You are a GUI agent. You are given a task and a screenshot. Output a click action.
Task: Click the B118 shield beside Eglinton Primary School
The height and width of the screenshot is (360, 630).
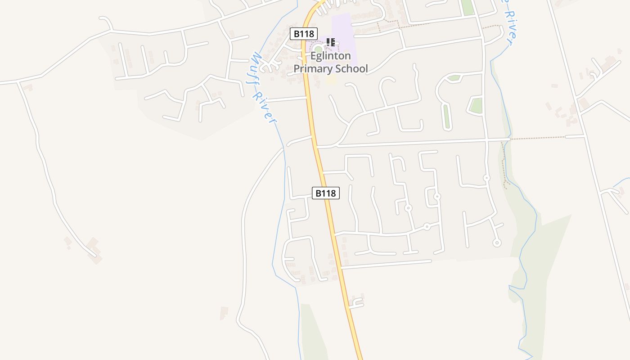click(x=304, y=33)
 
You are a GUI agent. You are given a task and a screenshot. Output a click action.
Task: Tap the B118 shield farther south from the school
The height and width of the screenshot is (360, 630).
click(x=325, y=193)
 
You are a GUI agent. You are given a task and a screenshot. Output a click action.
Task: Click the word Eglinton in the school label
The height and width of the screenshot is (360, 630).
click(x=331, y=56)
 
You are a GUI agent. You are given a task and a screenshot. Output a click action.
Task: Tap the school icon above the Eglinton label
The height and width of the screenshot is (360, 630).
click(x=331, y=42)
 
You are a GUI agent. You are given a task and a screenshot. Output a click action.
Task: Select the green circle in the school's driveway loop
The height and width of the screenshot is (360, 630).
click(x=318, y=49)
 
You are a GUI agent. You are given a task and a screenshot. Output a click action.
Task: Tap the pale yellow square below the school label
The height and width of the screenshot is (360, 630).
click(x=331, y=80)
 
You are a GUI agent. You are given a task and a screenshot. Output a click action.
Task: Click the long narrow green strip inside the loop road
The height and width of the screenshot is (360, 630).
click(x=446, y=117)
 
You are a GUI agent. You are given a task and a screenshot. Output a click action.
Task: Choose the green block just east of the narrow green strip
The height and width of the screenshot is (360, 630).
click(x=476, y=105)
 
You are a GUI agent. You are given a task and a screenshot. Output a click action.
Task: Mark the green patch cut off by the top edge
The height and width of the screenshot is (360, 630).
click(x=468, y=7)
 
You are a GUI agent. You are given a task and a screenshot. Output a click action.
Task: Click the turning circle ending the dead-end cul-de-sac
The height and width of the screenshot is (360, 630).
click(x=497, y=243)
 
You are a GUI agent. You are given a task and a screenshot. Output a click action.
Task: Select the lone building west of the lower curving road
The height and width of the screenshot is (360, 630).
click(x=224, y=312)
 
